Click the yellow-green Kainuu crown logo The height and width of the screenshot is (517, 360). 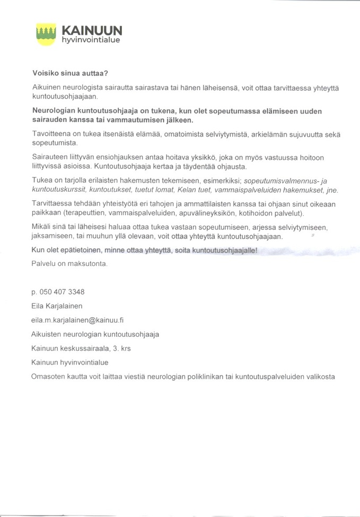click(x=46, y=33)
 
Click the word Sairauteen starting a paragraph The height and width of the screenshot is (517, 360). click(x=51, y=157)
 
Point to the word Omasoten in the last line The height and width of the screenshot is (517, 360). click(x=49, y=377)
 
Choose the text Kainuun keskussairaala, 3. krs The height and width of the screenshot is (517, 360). click(x=81, y=348)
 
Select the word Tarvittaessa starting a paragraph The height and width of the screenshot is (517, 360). click(x=52, y=204)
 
